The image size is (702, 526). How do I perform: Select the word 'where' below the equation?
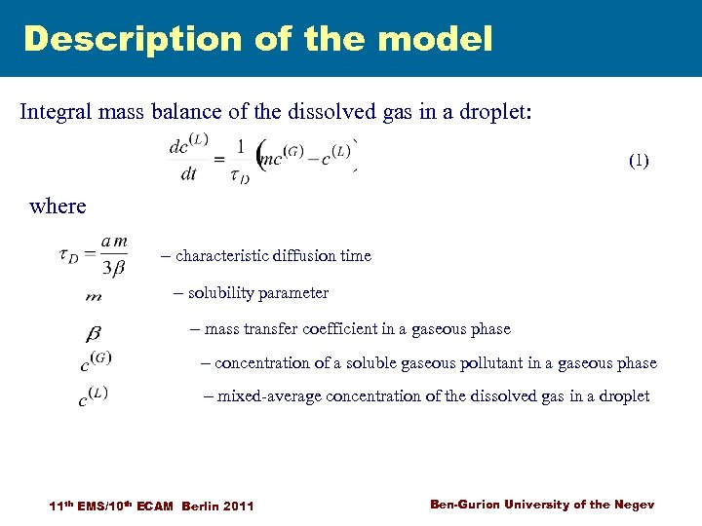[x=58, y=206]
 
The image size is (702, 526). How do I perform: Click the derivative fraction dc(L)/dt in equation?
[x=188, y=159]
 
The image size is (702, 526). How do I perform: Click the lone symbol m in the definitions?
[x=94, y=296]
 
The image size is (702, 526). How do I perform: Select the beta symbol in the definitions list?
[x=95, y=332]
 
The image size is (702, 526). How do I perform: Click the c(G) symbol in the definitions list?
[x=96, y=362]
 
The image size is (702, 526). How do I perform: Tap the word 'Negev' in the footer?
[x=633, y=504]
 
